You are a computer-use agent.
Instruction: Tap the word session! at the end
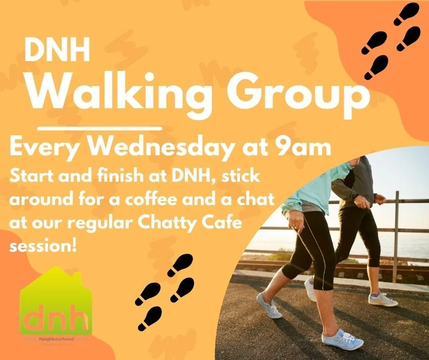[42, 245]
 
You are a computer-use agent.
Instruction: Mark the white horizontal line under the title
[99, 128]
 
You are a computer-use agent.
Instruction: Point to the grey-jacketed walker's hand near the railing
[379, 199]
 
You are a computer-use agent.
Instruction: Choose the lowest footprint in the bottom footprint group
[149, 318]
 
